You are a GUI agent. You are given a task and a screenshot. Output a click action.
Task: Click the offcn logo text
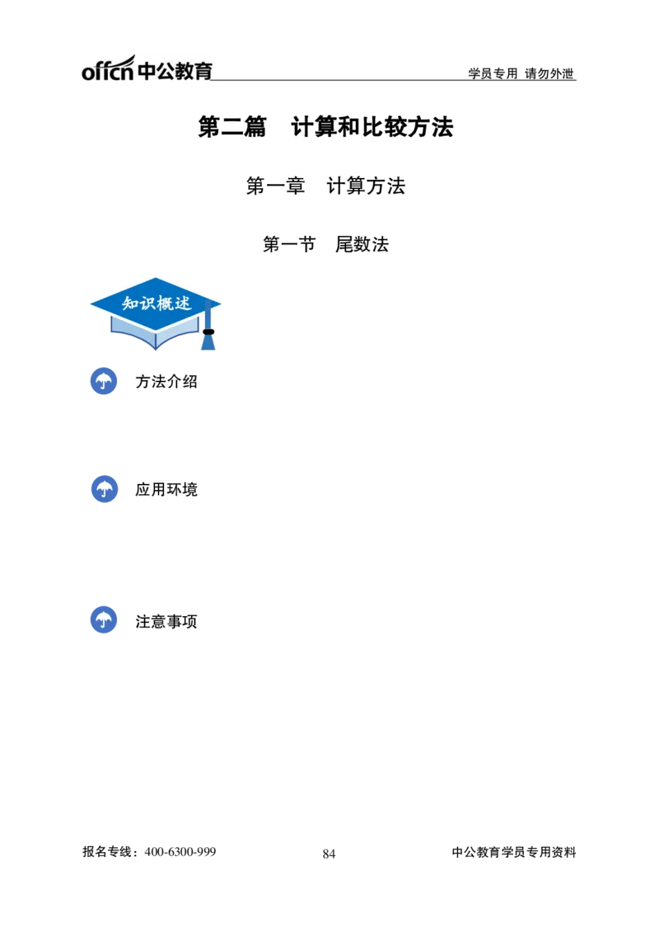pos(108,68)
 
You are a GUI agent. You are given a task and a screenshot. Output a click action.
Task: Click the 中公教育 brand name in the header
pos(175,71)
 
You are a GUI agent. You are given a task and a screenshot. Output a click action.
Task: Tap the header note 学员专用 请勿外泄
pos(521,73)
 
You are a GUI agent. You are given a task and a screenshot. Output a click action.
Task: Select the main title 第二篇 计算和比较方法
pos(325,127)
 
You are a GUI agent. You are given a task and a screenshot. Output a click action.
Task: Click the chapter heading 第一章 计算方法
pos(325,186)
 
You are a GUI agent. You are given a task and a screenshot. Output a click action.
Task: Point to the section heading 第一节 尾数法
pos(325,243)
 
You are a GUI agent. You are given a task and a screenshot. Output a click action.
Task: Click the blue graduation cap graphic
pos(156,313)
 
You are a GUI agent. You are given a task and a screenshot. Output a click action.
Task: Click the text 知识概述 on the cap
pos(157,304)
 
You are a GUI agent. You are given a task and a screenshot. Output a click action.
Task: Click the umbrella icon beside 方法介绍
pos(104,381)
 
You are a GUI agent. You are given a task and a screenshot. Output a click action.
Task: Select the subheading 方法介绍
pos(166,381)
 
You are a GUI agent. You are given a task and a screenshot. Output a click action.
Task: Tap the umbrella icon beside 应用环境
pos(105,489)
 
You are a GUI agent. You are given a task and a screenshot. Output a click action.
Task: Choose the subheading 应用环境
pos(166,490)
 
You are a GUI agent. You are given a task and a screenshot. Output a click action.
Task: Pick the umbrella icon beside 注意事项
pos(104,620)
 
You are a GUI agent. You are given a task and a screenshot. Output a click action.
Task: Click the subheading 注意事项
pos(166,621)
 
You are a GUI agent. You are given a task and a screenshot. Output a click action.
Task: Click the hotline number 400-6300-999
pos(180,852)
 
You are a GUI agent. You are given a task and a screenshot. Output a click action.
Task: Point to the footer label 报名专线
pos(107,852)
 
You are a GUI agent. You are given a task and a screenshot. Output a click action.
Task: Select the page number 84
pos(329,854)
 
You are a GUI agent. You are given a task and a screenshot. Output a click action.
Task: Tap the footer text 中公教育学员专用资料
pos(514,852)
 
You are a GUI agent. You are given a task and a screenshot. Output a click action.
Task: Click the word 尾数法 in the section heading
pos(362,243)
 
